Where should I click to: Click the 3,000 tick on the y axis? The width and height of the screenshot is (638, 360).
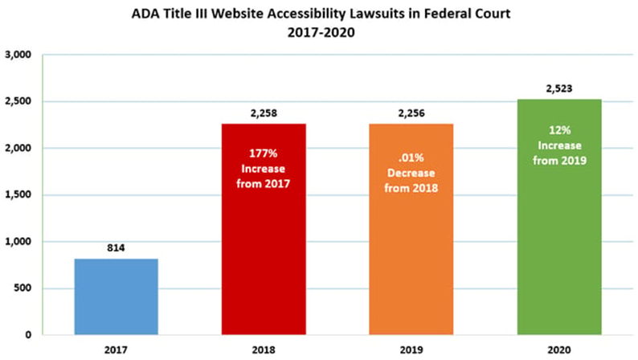(18, 55)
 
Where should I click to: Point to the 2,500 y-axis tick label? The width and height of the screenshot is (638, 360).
(18, 102)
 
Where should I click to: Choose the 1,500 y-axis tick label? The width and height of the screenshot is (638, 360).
(18, 195)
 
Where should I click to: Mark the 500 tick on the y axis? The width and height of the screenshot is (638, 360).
(21, 288)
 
